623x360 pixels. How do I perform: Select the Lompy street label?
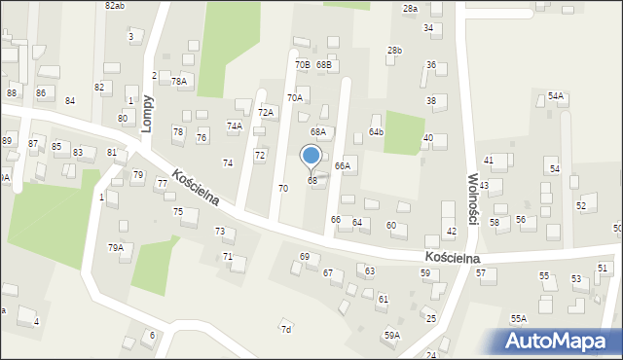coord(148,113)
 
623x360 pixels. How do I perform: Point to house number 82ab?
coord(114,6)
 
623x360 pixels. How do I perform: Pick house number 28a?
coord(410,9)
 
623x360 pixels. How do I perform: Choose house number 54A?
coord(556,95)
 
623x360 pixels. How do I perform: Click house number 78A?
coord(179,82)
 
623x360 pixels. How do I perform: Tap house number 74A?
coord(235,126)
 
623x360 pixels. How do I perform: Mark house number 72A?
coord(266,113)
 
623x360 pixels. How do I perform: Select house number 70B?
coord(303,65)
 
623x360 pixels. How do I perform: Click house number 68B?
coord(324,65)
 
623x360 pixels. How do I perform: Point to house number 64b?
coord(376,131)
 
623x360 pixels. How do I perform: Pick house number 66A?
coord(342,166)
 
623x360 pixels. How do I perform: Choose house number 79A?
coord(116,248)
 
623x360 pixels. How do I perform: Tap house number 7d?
coord(286,330)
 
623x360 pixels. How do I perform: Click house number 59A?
coord(391,336)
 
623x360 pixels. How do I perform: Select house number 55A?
coord(519,318)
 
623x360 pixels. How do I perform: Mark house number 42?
coord(451,231)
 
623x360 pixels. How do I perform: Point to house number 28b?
coord(394,51)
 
